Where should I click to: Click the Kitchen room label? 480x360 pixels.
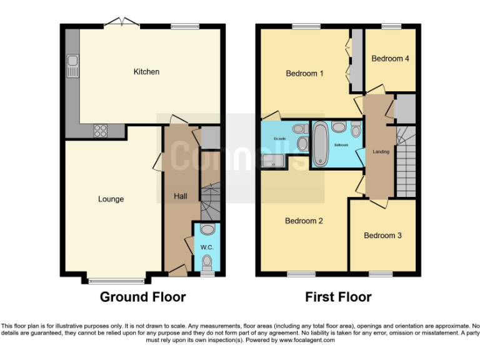pos(146,72)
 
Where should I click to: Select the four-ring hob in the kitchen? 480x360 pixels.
pos(100,131)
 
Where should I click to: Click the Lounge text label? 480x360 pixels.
pos(111,199)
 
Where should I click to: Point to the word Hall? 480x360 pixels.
pos(180,196)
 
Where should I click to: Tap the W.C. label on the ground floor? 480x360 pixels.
pos(207,247)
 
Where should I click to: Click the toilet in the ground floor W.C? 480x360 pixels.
pos(207,262)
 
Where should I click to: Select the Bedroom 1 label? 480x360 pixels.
pos(304,74)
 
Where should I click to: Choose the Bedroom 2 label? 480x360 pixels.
pos(304,221)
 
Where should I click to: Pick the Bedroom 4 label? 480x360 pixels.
pos(390,59)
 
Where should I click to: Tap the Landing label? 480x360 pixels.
pos(381,152)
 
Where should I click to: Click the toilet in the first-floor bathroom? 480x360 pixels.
pos(356,130)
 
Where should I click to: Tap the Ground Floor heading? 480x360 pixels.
pos(142,297)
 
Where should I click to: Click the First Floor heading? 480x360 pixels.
pos(338,297)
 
